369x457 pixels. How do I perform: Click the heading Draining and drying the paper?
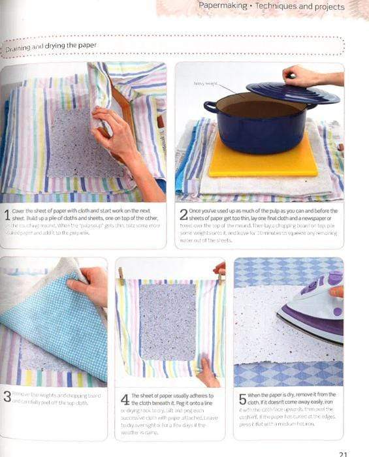[51, 46]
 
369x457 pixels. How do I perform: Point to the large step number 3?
[7, 396]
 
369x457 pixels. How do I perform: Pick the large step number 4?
[125, 399]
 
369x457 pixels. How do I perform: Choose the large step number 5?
[242, 399]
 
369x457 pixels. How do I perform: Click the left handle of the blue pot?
[210, 106]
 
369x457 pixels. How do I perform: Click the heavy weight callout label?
[204, 83]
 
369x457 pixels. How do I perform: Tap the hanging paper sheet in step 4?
[167, 320]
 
